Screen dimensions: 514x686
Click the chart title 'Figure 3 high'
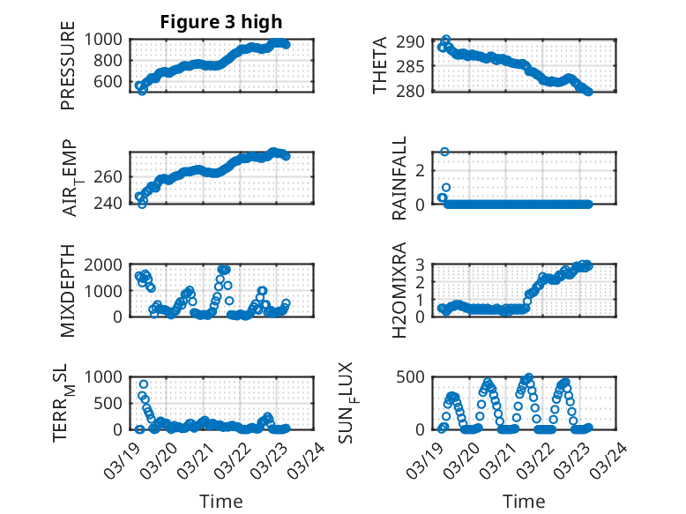point(220,22)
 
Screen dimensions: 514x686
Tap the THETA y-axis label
point(380,65)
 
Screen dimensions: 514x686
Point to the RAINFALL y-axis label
point(399,179)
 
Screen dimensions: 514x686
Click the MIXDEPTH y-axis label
point(68,292)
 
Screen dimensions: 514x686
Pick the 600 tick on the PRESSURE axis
point(110,82)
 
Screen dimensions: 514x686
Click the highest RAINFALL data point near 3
point(445,152)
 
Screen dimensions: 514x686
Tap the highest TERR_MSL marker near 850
point(144,384)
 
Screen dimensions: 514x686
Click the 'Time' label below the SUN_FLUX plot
point(524,502)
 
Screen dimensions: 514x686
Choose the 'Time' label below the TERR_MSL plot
point(221,502)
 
